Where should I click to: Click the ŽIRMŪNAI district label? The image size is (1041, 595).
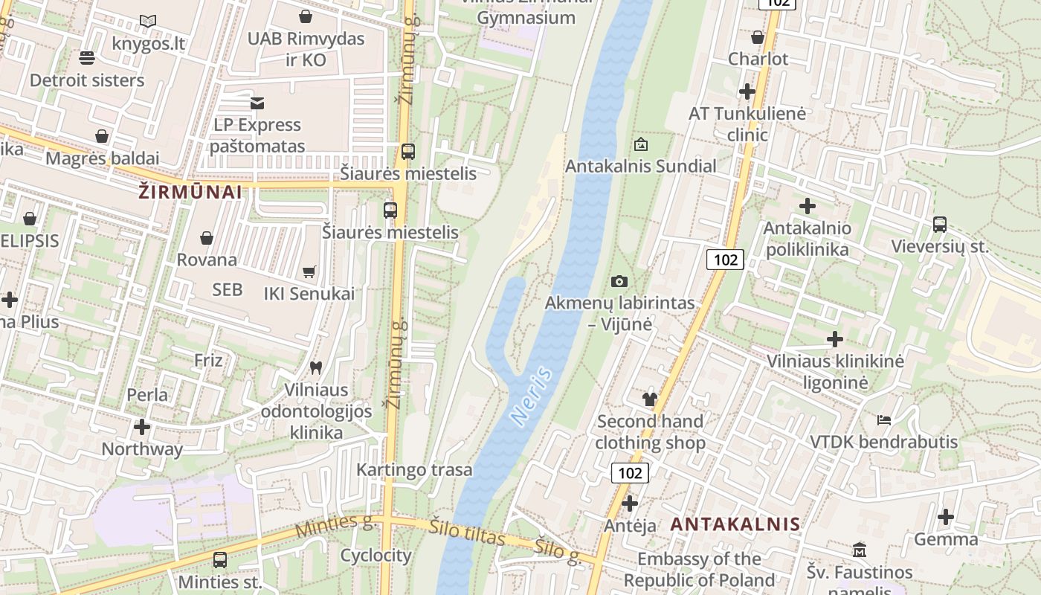190,192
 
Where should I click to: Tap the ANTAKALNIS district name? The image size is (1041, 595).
735,524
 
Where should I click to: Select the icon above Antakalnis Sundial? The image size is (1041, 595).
640,144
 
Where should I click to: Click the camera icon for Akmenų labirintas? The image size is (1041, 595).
619,281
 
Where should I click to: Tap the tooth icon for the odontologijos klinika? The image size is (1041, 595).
315,367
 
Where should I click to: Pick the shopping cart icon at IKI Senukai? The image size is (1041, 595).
309,272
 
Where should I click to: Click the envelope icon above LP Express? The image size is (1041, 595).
257,103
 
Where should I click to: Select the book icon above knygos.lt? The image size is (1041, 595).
148,22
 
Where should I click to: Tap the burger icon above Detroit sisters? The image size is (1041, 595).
87,58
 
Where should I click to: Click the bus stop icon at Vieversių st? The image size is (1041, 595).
940,225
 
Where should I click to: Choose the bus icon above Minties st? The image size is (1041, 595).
220,560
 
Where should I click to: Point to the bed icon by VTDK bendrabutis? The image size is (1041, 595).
883,420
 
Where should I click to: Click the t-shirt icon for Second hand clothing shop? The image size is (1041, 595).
650,399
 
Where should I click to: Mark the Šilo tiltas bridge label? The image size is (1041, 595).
467,533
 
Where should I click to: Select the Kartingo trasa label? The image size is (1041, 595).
414,469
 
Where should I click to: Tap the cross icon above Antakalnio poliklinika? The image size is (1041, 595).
807,206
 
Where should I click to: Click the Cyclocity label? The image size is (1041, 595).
376,556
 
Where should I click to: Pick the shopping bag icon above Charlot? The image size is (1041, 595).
758,37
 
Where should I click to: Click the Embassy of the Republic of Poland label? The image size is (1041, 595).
700,570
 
